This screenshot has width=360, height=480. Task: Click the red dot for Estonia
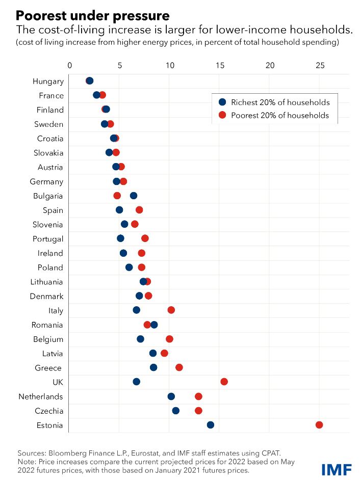(x=319, y=425)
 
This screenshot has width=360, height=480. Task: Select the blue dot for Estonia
(x=211, y=425)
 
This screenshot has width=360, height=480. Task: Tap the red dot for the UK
(x=224, y=382)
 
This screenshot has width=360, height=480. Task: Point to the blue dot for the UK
(x=136, y=382)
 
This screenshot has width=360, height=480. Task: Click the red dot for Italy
(x=171, y=310)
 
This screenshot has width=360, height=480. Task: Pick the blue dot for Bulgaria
(x=134, y=196)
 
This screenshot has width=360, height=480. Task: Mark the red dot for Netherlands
(x=198, y=396)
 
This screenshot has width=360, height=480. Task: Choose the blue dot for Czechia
(x=176, y=411)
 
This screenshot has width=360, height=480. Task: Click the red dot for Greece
(x=179, y=367)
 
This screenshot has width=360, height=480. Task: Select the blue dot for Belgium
(x=140, y=339)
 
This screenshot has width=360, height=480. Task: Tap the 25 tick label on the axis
(x=320, y=65)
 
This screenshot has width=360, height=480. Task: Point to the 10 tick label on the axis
(x=170, y=65)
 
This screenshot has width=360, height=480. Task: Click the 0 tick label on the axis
(x=70, y=65)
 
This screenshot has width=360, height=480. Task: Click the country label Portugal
(x=48, y=239)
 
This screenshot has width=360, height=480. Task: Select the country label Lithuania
(x=46, y=282)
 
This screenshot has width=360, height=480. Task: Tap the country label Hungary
(x=48, y=82)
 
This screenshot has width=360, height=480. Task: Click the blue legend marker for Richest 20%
(x=222, y=102)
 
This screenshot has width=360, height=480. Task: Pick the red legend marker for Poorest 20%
(x=222, y=115)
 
